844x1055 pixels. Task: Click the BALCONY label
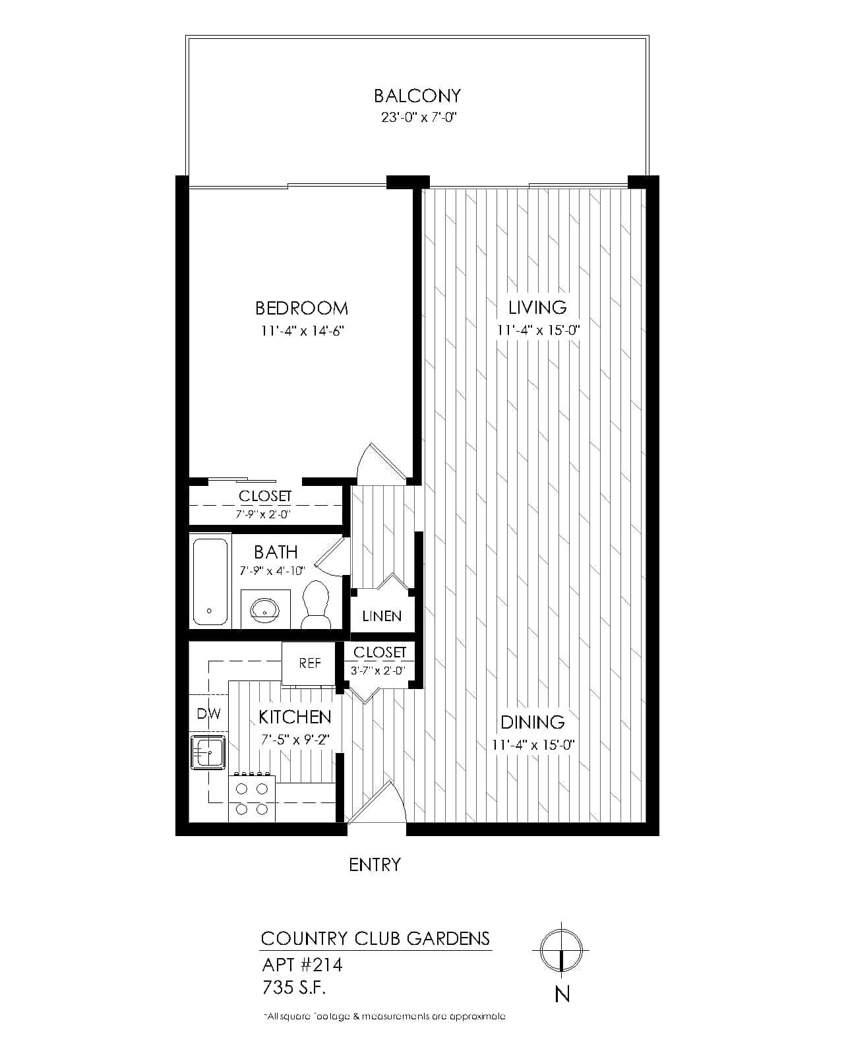[x=417, y=96]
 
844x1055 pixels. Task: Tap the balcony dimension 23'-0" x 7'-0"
[x=419, y=117]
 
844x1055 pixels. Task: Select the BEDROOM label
[x=301, y=309]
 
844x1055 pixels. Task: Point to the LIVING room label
[x=537, y=307]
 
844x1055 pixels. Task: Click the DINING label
[x=533, y=722]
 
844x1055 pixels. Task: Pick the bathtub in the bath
[x=210, y=582]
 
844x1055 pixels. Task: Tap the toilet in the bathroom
[x=315, y=605]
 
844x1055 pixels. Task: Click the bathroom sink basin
[x=265, y=609]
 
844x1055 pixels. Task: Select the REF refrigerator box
[x=309, y=663]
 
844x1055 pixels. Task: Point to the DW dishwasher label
[x=208, y=714]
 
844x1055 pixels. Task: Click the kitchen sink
[x=208, y=752]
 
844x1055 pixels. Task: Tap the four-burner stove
[x=252, y=798]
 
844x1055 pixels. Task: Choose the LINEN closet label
[x=382, y=617]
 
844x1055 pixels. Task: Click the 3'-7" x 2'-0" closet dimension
[x=378, y=671]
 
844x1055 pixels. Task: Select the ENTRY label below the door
[x=375, y=865]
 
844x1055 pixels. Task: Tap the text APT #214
[x=302, y=965]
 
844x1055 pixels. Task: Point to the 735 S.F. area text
[x=294, y=987]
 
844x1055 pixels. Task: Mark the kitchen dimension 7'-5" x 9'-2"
[x=295, y=739]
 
